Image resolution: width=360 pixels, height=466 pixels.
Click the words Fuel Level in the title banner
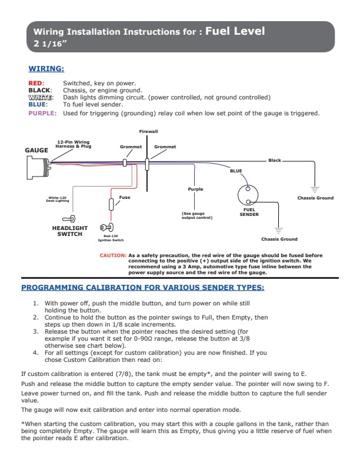pos(235,31)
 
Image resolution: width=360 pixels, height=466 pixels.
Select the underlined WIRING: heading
pos(46,69)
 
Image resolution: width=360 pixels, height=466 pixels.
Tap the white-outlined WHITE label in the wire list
pos(41,97)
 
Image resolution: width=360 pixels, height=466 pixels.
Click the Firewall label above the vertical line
pos(148,131)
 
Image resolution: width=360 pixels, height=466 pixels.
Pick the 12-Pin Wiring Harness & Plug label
pos(73,144)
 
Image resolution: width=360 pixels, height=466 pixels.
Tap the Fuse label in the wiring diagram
pos(125,197)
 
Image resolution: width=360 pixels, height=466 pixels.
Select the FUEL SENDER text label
pos(249,212)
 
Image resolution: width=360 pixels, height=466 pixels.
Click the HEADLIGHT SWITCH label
pos(70,231)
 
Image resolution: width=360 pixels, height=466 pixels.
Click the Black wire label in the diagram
pos(275,161)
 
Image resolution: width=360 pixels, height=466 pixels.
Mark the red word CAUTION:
pos(113,255)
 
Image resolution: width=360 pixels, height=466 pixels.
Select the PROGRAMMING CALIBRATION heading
pos(142,288)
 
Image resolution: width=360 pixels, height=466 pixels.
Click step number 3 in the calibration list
pos(36,331)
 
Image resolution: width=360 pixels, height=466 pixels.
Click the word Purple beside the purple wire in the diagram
pos(195,189)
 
